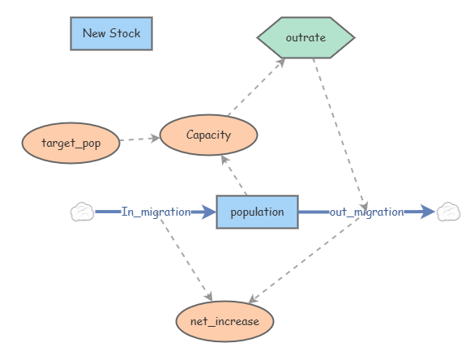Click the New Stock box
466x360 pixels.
tap(112, 33)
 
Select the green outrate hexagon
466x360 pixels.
tap(306, 37)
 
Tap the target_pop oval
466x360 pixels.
tap(71, 143)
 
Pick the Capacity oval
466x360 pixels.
tap(208, 135)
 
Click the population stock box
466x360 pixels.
tap(258, 212)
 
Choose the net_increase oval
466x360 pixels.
tap(224, 321)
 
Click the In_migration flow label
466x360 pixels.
tap(156, 212)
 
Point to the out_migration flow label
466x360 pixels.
tap(367, 212)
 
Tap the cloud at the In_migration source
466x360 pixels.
tap(83, 212)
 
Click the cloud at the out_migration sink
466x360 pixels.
tap(448, 212)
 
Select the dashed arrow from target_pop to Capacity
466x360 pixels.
tap(139, 139)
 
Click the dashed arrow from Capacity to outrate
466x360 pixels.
tap(256, 87)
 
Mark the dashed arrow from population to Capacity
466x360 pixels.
tap(234, 175)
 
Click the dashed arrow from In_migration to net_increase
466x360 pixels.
tap(186, 260)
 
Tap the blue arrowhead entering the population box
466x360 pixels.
tap(208, 212)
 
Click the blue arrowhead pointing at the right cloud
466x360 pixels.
tap(428, 212)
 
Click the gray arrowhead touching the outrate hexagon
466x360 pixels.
tap(280, 62)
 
